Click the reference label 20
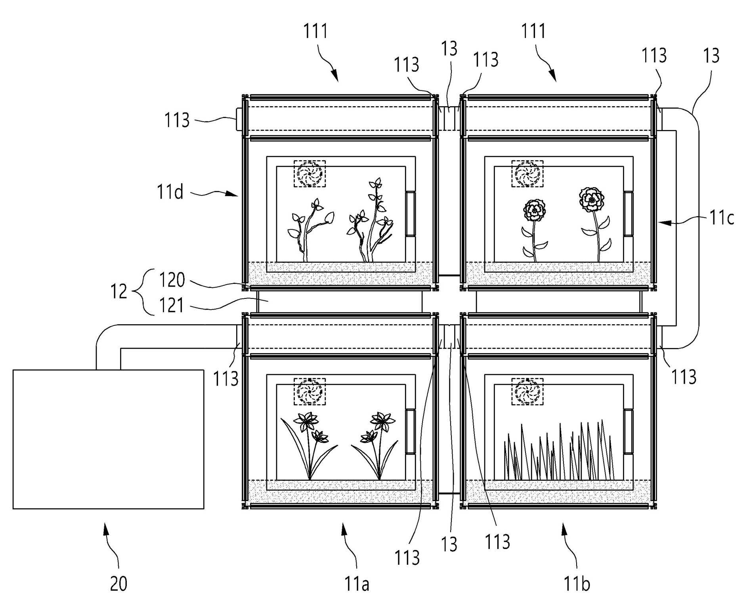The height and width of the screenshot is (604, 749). click(118, 584)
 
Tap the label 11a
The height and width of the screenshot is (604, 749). click(357, 584)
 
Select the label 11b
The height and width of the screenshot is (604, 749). click(577, 584)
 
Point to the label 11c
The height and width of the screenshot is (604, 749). click(722, 218)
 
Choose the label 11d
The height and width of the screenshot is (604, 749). click(170, 192)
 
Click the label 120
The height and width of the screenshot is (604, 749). click(172, 280)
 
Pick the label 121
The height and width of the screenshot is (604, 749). click(172, 306)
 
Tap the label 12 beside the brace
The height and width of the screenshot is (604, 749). click(118, 292)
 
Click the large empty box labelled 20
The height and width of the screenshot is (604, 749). click(109, 439)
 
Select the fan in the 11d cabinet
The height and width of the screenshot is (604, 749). click(310, 174)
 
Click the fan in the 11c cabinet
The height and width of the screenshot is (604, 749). click(527, 174)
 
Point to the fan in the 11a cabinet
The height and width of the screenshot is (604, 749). click(310, 392)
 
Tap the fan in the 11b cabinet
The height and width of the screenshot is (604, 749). click(527, 392)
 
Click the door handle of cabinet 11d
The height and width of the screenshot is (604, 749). click(410, 214)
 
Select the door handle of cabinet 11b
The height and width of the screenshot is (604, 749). click(628, 432)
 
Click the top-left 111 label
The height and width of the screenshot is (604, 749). click(316, 31)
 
